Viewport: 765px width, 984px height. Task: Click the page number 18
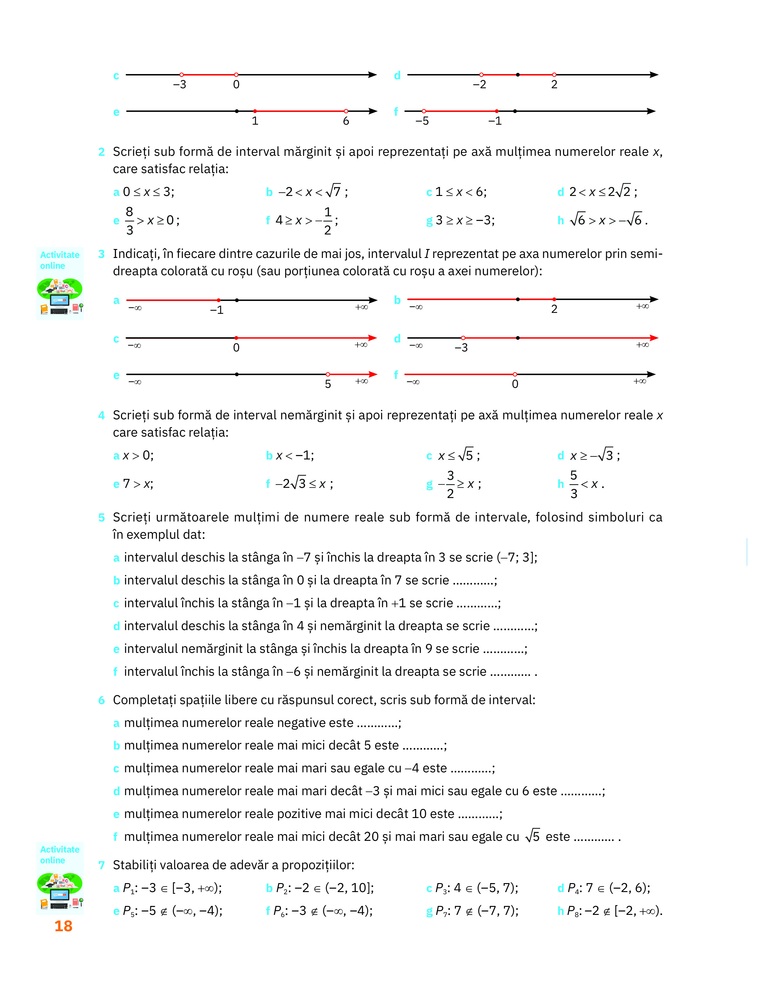(x=63, y=926)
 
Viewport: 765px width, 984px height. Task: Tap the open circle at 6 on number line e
(x=346, y=111)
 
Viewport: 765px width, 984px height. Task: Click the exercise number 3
(x=101, y=254)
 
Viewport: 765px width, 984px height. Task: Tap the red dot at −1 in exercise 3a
(x=218, y=300)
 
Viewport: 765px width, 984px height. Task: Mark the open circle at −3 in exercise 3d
(x=463, y=338)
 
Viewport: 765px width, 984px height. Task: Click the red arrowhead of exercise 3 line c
(x=372, y=338)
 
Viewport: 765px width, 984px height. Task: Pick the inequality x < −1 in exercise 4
(x=295, y=455)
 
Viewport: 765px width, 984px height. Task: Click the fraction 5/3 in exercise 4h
(x=573, y=484)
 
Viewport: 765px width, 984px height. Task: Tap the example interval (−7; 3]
(x=516, y=557)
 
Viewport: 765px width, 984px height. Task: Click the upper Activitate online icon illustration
(x=60, y=296)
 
